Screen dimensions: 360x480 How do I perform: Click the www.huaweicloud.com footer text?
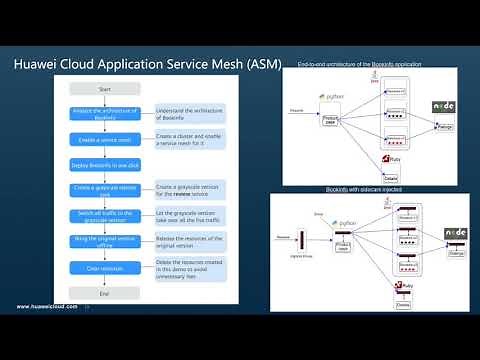pos(46,306)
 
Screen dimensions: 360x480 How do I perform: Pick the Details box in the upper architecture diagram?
pos(391,176)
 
